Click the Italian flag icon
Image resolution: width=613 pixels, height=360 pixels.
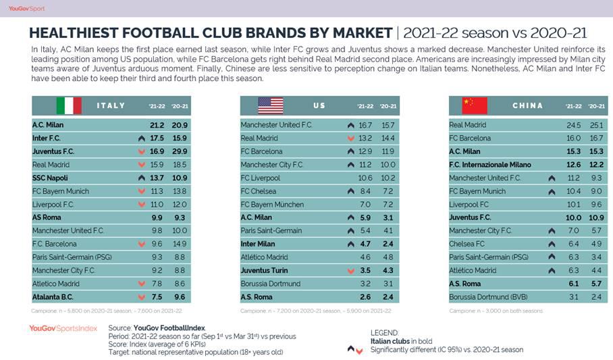(x=69, y=105)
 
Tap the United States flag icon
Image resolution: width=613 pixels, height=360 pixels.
(x=270, y=105)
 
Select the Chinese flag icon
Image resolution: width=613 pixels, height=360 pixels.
(x=474, y=105)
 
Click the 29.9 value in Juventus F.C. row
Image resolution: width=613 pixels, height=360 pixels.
(x=180, y=151)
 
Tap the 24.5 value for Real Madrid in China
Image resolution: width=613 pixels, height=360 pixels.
(x=575, y=125)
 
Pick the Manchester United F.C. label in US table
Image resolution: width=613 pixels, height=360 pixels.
(x=276, y=125)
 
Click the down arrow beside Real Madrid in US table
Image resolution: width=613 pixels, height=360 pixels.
(x=350, y=138)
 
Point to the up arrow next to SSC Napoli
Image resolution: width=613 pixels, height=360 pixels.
(x=141, y=178)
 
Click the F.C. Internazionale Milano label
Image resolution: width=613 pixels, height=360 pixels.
(x=489, y=165)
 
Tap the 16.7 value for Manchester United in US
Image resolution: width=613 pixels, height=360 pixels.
(x=365, y=125)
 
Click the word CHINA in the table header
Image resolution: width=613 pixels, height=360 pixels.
(x=527, y=105)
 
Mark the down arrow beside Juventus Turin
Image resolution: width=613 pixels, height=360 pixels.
(x=350, y=270)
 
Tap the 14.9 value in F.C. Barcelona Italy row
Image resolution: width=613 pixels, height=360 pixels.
(x=180, y=244)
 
